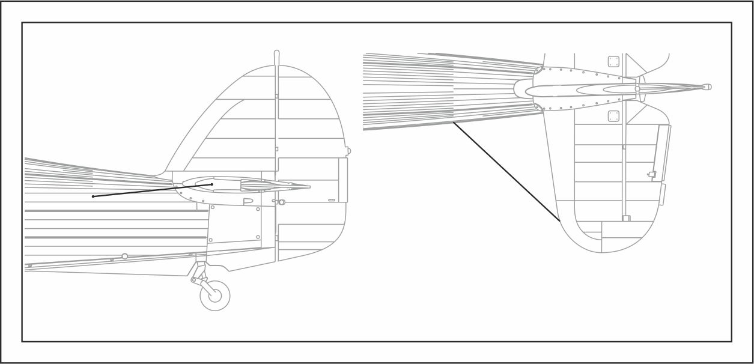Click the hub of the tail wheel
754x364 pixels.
tap(214, 295)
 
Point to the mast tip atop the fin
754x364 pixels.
tap(276, 53)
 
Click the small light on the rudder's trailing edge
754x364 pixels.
tap(348, 151)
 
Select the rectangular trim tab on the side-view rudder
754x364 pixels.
tap(342, 180)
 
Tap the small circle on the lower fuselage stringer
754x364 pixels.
tap(124, 256)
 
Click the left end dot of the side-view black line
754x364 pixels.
tap(93, 196)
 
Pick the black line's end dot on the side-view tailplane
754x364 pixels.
tap(211, 184)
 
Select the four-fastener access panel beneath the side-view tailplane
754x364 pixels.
tap(235, 223)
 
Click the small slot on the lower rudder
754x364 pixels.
tap(331, 200)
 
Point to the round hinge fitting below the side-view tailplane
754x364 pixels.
tap(281, 202)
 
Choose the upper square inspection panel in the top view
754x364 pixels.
tap(613, 61)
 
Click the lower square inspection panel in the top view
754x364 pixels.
tap(613, 116)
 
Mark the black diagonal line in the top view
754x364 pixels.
tap(506, 172)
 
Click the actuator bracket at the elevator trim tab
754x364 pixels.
tap(652, 175)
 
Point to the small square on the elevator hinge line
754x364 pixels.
tap(625, 219)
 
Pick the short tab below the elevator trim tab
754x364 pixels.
tap(662, 195)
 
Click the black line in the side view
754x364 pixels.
tap(153, 190)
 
